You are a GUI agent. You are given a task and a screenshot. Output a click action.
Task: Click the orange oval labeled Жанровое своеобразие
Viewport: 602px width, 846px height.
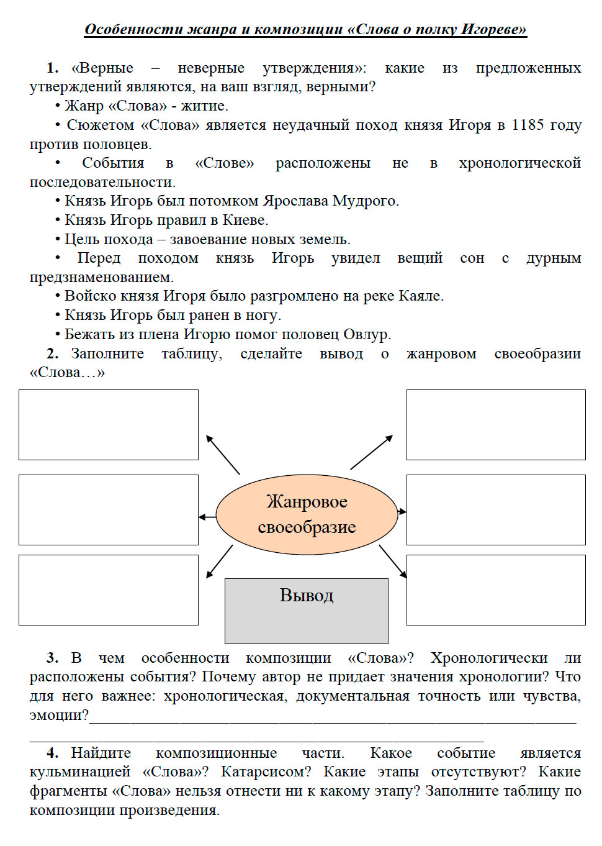coord(307,514)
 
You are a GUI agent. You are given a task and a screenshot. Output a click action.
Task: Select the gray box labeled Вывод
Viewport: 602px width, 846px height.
coord(307,611)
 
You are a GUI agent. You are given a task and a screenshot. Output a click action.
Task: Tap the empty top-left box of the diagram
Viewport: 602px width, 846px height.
coord(109,425)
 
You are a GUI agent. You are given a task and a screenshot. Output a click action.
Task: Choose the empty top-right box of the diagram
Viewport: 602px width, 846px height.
coord(496,425)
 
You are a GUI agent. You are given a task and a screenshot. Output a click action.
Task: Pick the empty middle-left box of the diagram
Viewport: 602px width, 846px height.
coord(109,510)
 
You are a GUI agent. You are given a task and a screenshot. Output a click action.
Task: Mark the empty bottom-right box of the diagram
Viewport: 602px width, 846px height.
coord(496,590)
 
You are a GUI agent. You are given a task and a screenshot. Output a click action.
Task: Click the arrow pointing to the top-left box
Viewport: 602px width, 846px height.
coord(223,454)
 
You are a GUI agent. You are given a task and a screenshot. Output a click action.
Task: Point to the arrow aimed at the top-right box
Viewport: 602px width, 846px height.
coord(371,452)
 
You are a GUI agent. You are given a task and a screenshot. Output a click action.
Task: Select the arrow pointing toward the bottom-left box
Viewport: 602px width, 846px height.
coord(219,562)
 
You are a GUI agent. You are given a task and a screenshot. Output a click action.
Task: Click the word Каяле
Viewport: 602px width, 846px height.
coord(421,296)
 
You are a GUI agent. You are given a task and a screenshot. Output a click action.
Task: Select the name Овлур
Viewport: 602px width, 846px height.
coord(367,334)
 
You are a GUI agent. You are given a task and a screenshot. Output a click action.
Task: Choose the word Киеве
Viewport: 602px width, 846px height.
coord(245,220)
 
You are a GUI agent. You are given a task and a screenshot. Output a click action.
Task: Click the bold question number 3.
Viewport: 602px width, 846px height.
coord(53,658)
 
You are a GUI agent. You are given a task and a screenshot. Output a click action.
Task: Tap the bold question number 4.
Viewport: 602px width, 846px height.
coord(53,753)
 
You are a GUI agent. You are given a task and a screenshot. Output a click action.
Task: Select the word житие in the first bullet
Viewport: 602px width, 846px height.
coord(205,106)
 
